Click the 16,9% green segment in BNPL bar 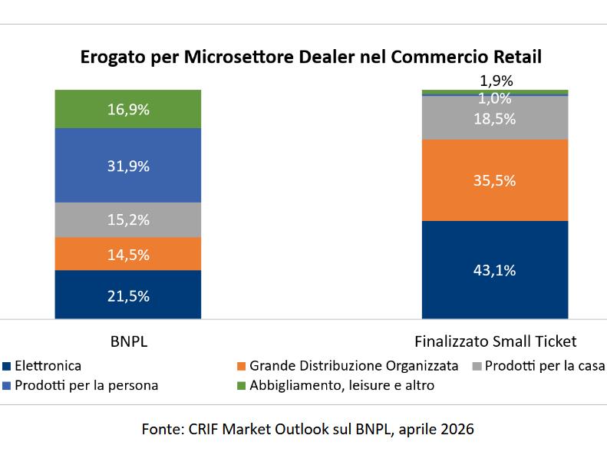(x=127, y=109)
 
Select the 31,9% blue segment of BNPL (x=127, y=166)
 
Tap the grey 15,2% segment (x=127, y=220)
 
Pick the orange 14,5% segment (x=127, y=254)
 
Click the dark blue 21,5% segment (x=127, y=295)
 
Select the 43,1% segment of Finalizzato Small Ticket (x=495, y=270)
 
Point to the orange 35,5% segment (x=495, y=181)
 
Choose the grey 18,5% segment (x=495, y=119)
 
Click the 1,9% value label (x=496, y=80)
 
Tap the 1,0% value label (x=495, y=98)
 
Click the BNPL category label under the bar (x=129, y=341)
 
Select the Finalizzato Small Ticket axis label (x=495, y=341)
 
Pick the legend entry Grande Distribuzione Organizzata (x=353, y=366)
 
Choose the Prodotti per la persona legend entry (x=86, y=385)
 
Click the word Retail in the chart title (x=516, y=58)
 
